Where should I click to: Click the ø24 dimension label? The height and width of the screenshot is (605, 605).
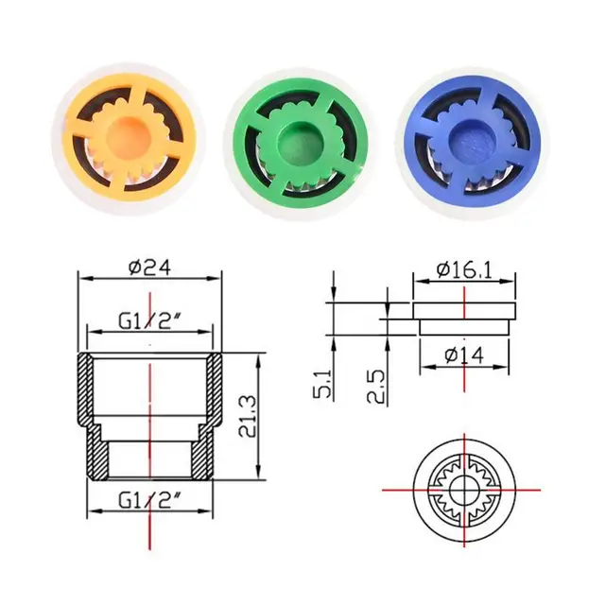click(x=148, y=268)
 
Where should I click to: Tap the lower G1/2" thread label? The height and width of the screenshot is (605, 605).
click(x=149, y=498)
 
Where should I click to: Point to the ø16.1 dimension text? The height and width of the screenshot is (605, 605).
click(x=464, y=270)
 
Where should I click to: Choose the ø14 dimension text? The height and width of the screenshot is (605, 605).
click(x=464, y=357)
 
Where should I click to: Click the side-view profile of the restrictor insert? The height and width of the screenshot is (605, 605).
click(x=464, y=316)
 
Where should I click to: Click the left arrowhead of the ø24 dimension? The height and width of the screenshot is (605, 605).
click(x=81, y=279)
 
